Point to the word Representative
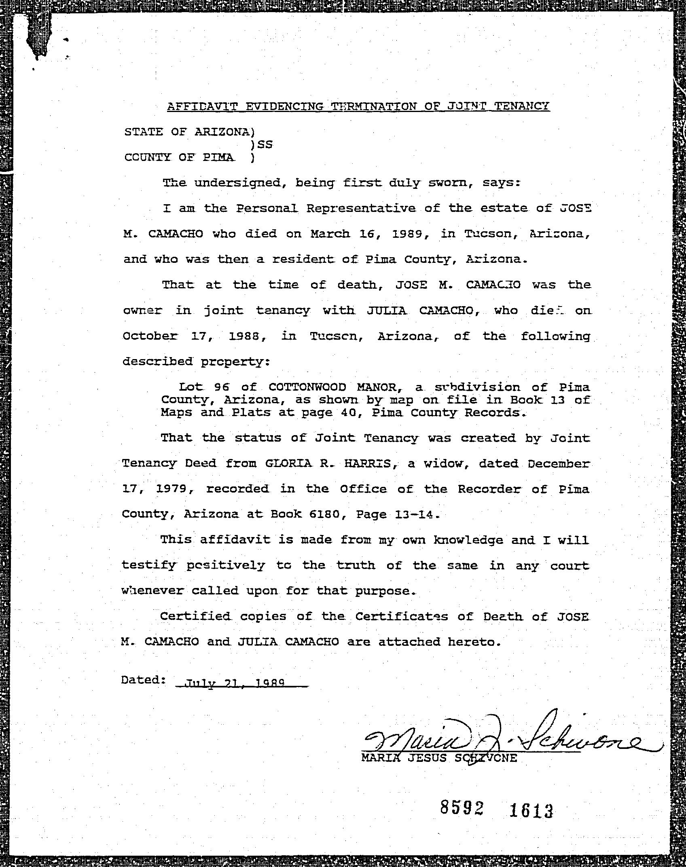[361, 208]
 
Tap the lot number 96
[222, 387]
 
